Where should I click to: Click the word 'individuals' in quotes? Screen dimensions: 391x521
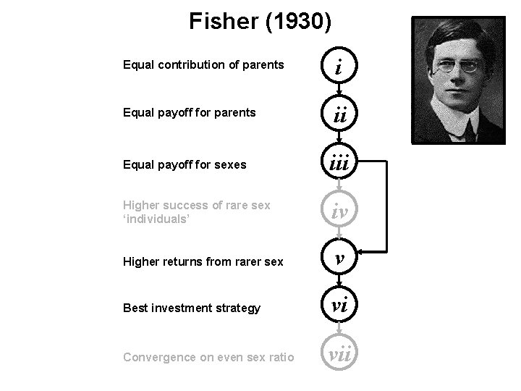click(156, 218)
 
